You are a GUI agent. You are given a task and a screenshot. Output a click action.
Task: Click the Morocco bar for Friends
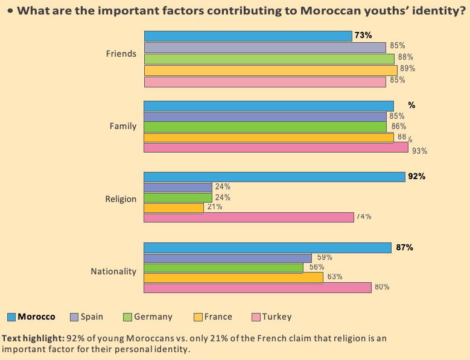[247, 36]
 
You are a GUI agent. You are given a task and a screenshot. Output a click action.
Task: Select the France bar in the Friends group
[270, 71]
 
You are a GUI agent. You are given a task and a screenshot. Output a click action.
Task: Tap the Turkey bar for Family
[276, 147]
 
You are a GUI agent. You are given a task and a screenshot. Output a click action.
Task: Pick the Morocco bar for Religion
[274, 177]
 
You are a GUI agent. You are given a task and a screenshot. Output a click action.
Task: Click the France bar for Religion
[174, 207]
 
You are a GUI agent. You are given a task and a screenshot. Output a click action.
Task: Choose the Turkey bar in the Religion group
[249, 217]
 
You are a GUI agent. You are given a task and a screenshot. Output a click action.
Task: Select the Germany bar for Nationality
[223, 268]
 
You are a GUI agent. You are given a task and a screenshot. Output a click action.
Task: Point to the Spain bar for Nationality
[227, 257]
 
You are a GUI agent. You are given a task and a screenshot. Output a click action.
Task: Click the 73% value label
[363, 36]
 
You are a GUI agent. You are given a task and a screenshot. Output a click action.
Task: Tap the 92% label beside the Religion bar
[417, 177]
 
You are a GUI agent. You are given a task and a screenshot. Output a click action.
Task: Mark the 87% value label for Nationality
[404, 247]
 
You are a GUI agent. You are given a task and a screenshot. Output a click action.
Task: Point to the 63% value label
[334, 277]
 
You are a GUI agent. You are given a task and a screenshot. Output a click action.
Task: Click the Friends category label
[121, 54]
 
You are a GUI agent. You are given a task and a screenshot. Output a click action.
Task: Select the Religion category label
[121, 199]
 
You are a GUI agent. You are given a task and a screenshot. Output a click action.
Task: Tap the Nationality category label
[113, 271]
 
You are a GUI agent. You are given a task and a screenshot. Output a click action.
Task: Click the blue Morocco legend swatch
[11, 317]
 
